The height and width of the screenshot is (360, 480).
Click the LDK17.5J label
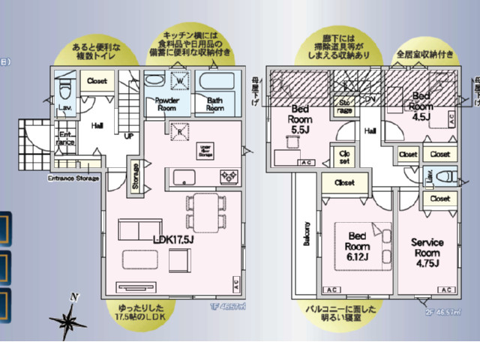coord(173,239)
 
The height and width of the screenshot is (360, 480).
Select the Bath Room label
coord(216,103)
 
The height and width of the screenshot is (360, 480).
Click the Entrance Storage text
coord(73,178)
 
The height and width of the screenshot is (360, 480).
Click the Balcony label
coord(307,234)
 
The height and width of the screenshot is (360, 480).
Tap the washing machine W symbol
coord(181,80)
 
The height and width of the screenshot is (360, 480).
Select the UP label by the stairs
coord(128,136)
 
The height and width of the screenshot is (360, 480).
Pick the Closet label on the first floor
coord(97,80)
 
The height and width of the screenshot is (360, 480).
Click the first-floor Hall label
coord(97,127)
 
